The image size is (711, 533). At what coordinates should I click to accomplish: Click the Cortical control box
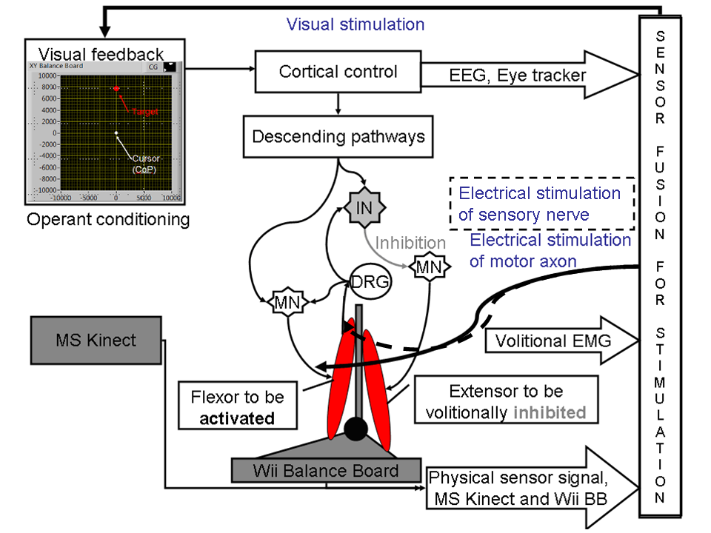(x=338, y=72)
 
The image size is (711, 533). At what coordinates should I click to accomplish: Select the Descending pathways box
(x=338, y=137)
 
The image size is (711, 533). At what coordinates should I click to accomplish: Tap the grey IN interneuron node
(x=364, y=207)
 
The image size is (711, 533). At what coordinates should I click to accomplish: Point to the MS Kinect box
(x=96, y=341)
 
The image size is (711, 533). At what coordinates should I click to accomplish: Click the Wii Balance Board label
(x=325, y=470)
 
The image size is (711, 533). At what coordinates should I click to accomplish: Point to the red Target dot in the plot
(x=116, y=88)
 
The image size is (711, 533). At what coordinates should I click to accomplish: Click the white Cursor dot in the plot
(x=116, y=133)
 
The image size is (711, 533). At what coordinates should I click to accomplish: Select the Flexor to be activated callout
(x=237, y=405)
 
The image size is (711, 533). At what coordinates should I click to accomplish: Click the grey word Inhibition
(x=410, y=243)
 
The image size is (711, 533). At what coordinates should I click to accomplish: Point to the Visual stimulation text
(x=355, y=24)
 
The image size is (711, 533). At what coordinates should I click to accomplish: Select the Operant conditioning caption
(x=108, y=219)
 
